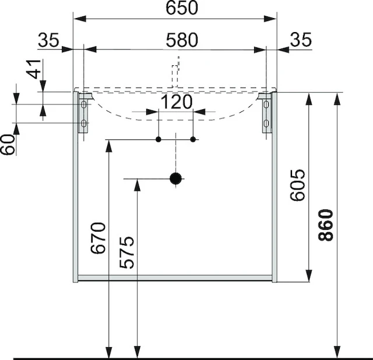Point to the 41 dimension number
35,69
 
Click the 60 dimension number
9,144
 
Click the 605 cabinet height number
297,185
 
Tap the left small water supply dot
158,139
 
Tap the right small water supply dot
193,139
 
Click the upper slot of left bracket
84,104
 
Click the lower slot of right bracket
267,124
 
